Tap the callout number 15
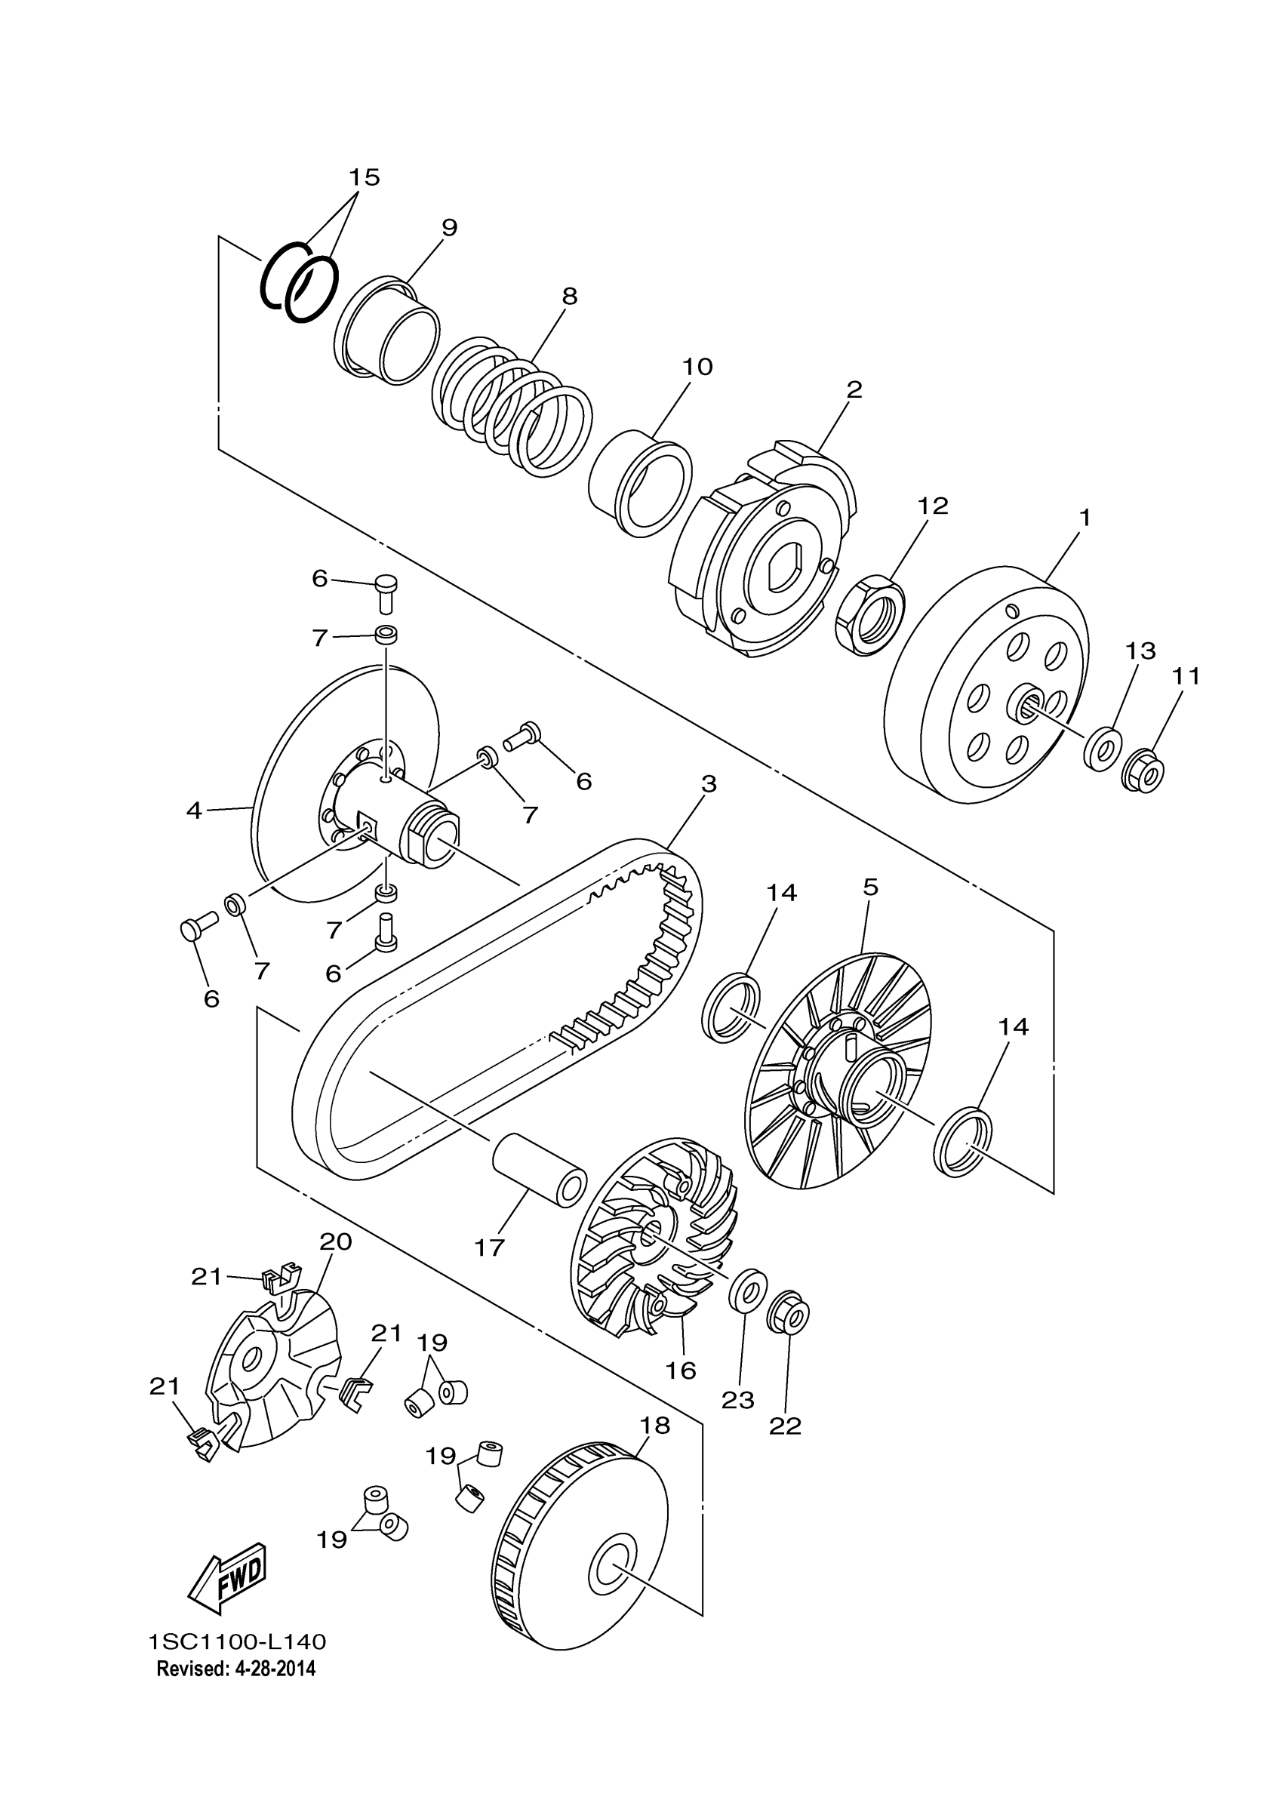pyautogui.click(x=365, y=177)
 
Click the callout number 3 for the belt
pyautogui.click(x=709, y=784)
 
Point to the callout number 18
pyautogui.click(x=654, y=1426)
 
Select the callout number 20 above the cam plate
pyautogui.click(x=335, y=1242)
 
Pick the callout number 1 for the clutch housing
pyautogui.click(x=1085, y=518)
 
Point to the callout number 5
pyautogui.click(x=870, y=887)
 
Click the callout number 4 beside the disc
pyautogui.click(x=195, y=811)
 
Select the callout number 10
pyautogui.click(x=697, y=367)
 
